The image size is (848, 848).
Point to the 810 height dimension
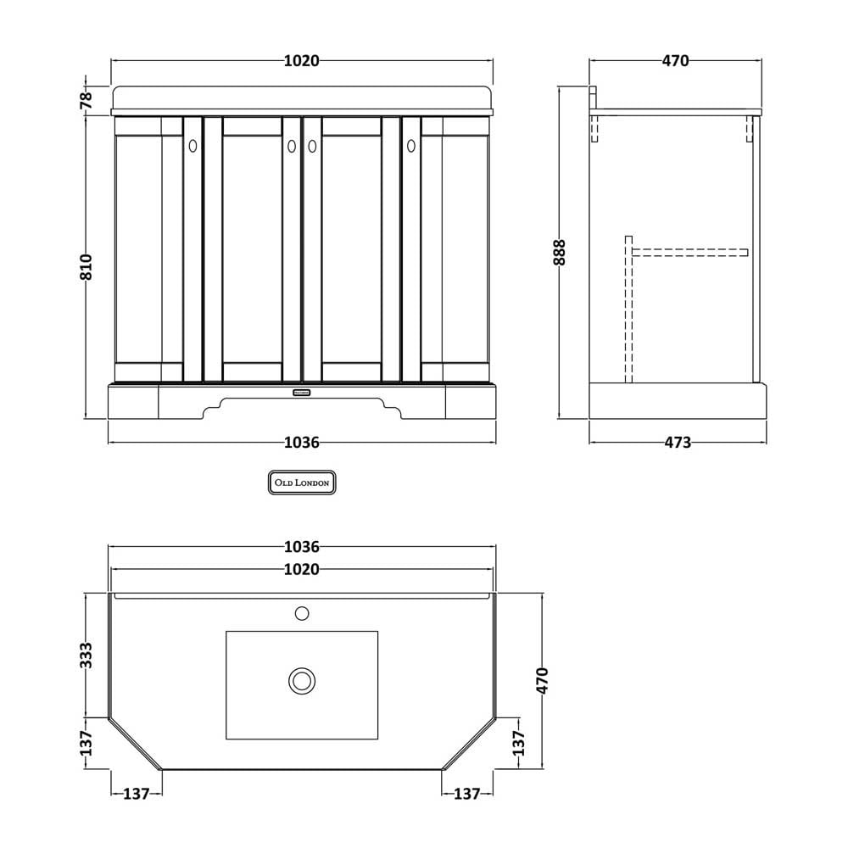click(x=86, y=266)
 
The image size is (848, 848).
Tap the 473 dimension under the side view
click(x=678, y=443)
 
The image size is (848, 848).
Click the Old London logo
click(x=302, y=483)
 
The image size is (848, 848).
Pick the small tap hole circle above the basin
click(x=302, y=613)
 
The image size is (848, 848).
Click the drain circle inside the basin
click(x=302, y=680)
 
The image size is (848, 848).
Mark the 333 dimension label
click(x=86, y=656)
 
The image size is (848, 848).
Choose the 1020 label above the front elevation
click(x=302, y=60)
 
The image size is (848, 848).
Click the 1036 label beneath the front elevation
click(x=302, y=443)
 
